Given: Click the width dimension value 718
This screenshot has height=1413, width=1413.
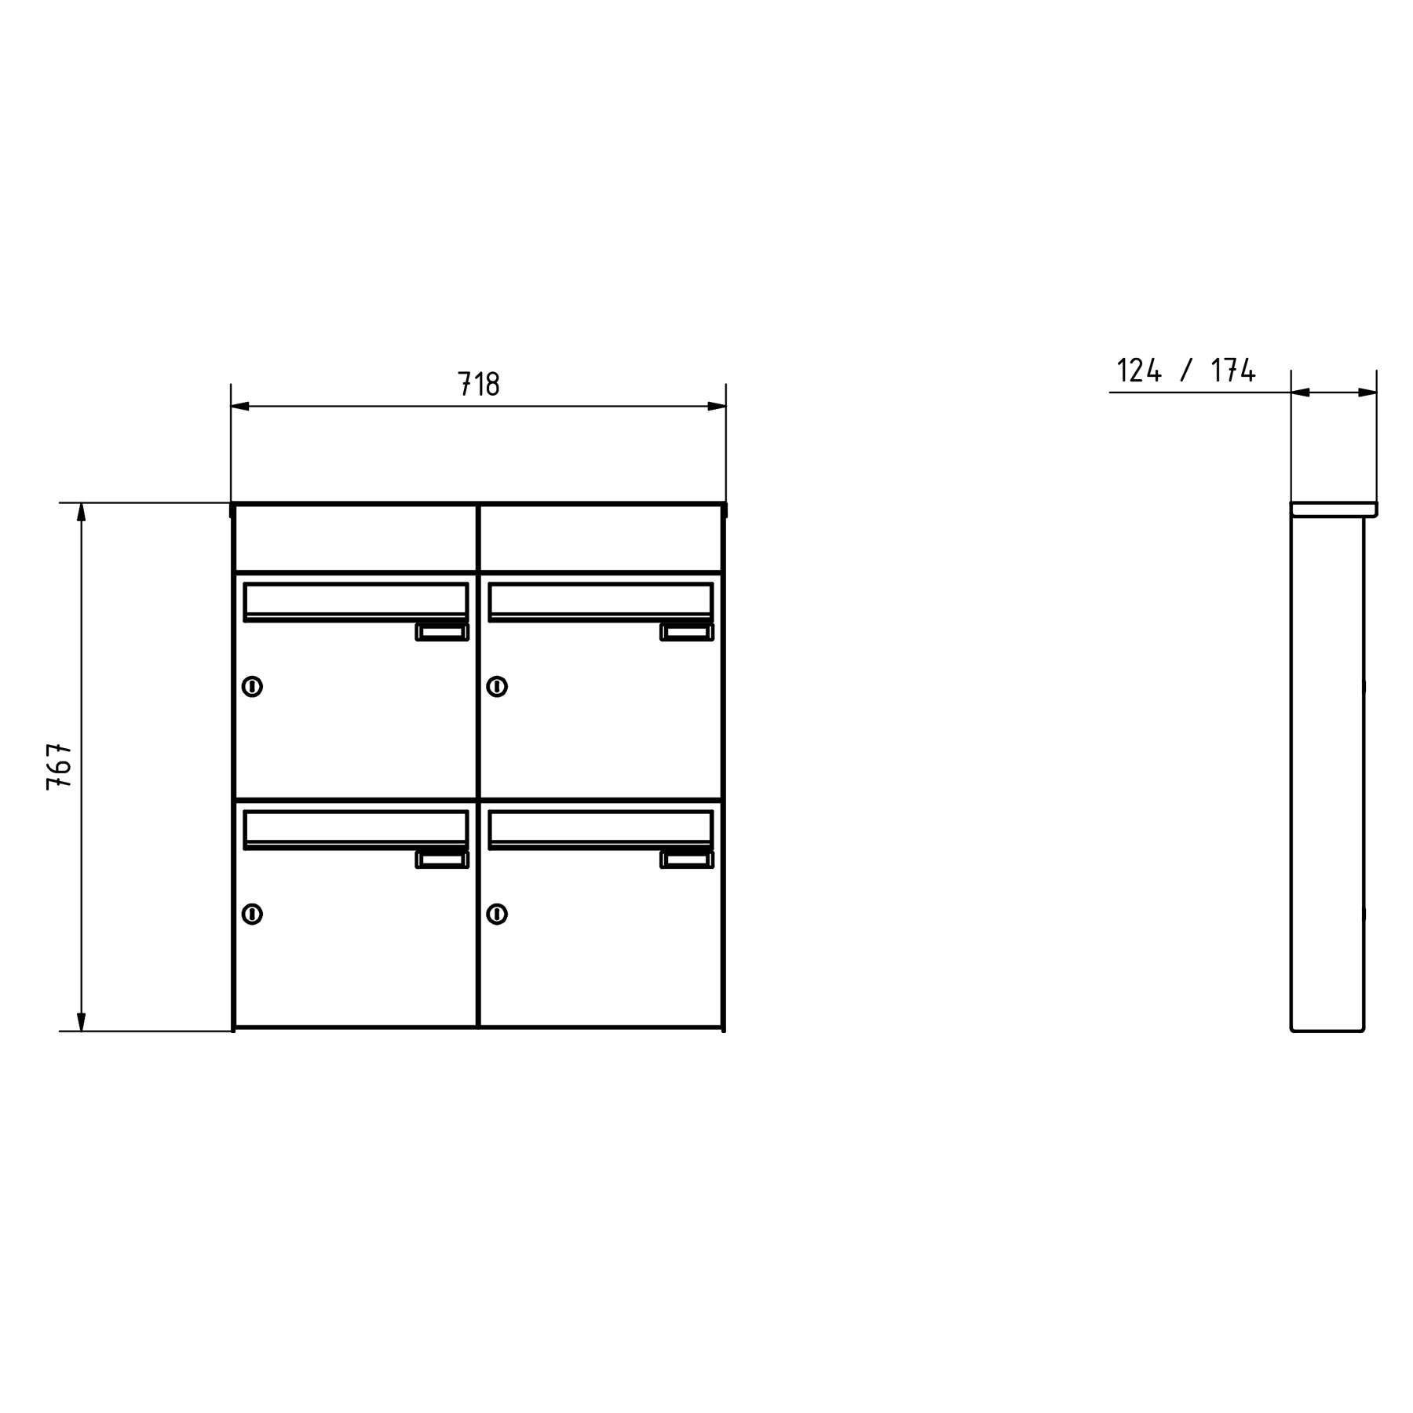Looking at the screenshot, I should point(478,385).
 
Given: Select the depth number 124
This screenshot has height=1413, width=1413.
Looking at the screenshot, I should point(1138,371).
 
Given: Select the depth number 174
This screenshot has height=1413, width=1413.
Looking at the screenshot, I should point(1233,371).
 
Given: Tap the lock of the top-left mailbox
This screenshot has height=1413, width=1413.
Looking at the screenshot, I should point(252,687).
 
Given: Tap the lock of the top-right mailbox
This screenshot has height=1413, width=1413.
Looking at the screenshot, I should point(497,687).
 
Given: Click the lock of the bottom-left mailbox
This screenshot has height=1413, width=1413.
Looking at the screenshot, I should point(252,914).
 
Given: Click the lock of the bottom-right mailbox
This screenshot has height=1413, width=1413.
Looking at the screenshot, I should point(497,914).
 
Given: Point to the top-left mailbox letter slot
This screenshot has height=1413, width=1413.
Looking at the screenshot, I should point(356,601).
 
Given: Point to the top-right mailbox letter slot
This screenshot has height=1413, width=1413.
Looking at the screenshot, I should point(601,601).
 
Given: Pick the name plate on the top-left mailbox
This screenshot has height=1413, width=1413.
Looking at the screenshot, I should point(442,633).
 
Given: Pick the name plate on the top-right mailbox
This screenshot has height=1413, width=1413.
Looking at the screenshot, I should point(687,633).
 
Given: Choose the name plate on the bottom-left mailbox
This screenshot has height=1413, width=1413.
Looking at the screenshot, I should point(442,860).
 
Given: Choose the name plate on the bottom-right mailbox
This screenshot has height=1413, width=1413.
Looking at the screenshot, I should point(687,860).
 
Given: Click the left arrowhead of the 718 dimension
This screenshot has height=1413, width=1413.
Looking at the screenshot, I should point(240,407).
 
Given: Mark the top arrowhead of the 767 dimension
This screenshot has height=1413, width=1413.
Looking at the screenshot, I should point(81,512).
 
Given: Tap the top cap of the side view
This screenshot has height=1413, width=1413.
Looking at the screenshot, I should point(1334,509).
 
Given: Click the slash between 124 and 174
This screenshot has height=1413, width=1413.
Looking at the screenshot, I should point(1186,371).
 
